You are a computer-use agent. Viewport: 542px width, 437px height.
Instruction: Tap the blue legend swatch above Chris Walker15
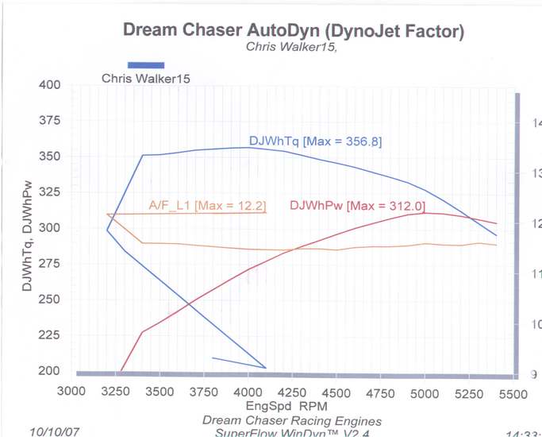(x=146, y=65)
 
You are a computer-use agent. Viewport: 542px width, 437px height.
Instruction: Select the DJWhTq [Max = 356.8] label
(x=315, y=141)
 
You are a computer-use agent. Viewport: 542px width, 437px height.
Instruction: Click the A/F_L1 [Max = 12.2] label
(x=208, y=206)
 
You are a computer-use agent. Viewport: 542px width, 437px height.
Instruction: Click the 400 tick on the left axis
(x=50, y=85)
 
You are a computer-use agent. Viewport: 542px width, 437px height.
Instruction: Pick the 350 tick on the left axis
(x=50, y=157)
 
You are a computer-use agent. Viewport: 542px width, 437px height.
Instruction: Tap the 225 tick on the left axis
(x=50, y=335)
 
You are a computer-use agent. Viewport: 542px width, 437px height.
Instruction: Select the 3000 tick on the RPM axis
(x=71, y=392)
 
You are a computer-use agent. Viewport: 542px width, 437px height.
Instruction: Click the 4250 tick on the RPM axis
(x=293, y=392)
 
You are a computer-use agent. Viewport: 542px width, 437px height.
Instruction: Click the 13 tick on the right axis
(x=536, y=173)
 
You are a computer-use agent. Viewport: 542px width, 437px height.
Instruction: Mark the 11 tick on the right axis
(x=536, y=274)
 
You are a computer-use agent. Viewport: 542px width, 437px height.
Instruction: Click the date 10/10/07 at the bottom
(x=54, y=431)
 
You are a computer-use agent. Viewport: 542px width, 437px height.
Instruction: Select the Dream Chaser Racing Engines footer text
(x=292, y=420)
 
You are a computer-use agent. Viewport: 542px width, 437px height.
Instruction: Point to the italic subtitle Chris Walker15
(x=291, y=47)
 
